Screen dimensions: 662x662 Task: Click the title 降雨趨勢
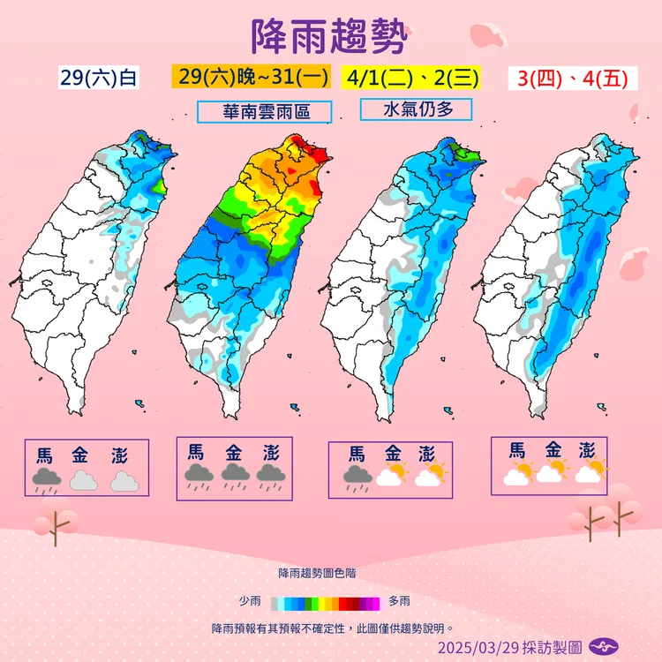point(330,36)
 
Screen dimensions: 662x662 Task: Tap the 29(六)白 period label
point(99,78)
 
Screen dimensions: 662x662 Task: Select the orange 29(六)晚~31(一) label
point(249,77)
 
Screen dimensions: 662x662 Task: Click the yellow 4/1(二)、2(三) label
point(413,77)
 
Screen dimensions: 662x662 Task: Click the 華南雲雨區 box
point(265,112)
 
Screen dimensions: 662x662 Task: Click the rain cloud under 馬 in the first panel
point(46,480)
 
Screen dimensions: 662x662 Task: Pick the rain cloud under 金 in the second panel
point(234,477)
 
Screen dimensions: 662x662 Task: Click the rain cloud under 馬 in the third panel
point(357,478)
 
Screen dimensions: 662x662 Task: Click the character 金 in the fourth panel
point(553,449)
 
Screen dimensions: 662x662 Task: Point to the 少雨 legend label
point(250,601)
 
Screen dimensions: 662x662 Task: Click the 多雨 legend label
point(400,601)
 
